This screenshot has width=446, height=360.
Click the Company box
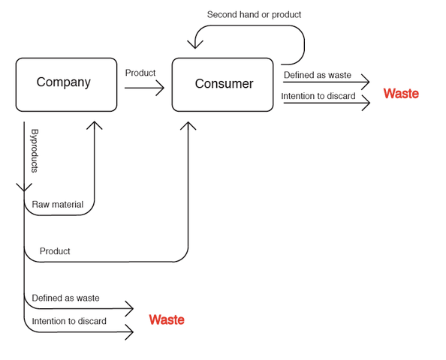(x=66, y=85)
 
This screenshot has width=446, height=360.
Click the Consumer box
(x=223, y=85)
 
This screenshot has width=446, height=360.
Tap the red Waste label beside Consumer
(x=401, y=94)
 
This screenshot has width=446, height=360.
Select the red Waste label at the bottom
(x=167, y=320)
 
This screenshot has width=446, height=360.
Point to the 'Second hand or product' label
(x=254, y=14)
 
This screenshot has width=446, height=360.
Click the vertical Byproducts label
(x=35, y=151)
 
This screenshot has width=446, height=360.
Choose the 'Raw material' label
(x=58, y=204)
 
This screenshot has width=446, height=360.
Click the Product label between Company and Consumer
(x=140, y=73)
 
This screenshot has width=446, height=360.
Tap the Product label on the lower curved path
(x=55, y=251)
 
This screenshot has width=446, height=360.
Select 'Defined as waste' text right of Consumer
(x=318, y=75)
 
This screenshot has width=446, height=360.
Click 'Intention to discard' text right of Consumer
(x=318, y=96)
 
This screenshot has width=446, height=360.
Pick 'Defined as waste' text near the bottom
(x=66, y=298)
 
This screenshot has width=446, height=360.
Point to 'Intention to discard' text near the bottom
(x=69, y=321)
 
